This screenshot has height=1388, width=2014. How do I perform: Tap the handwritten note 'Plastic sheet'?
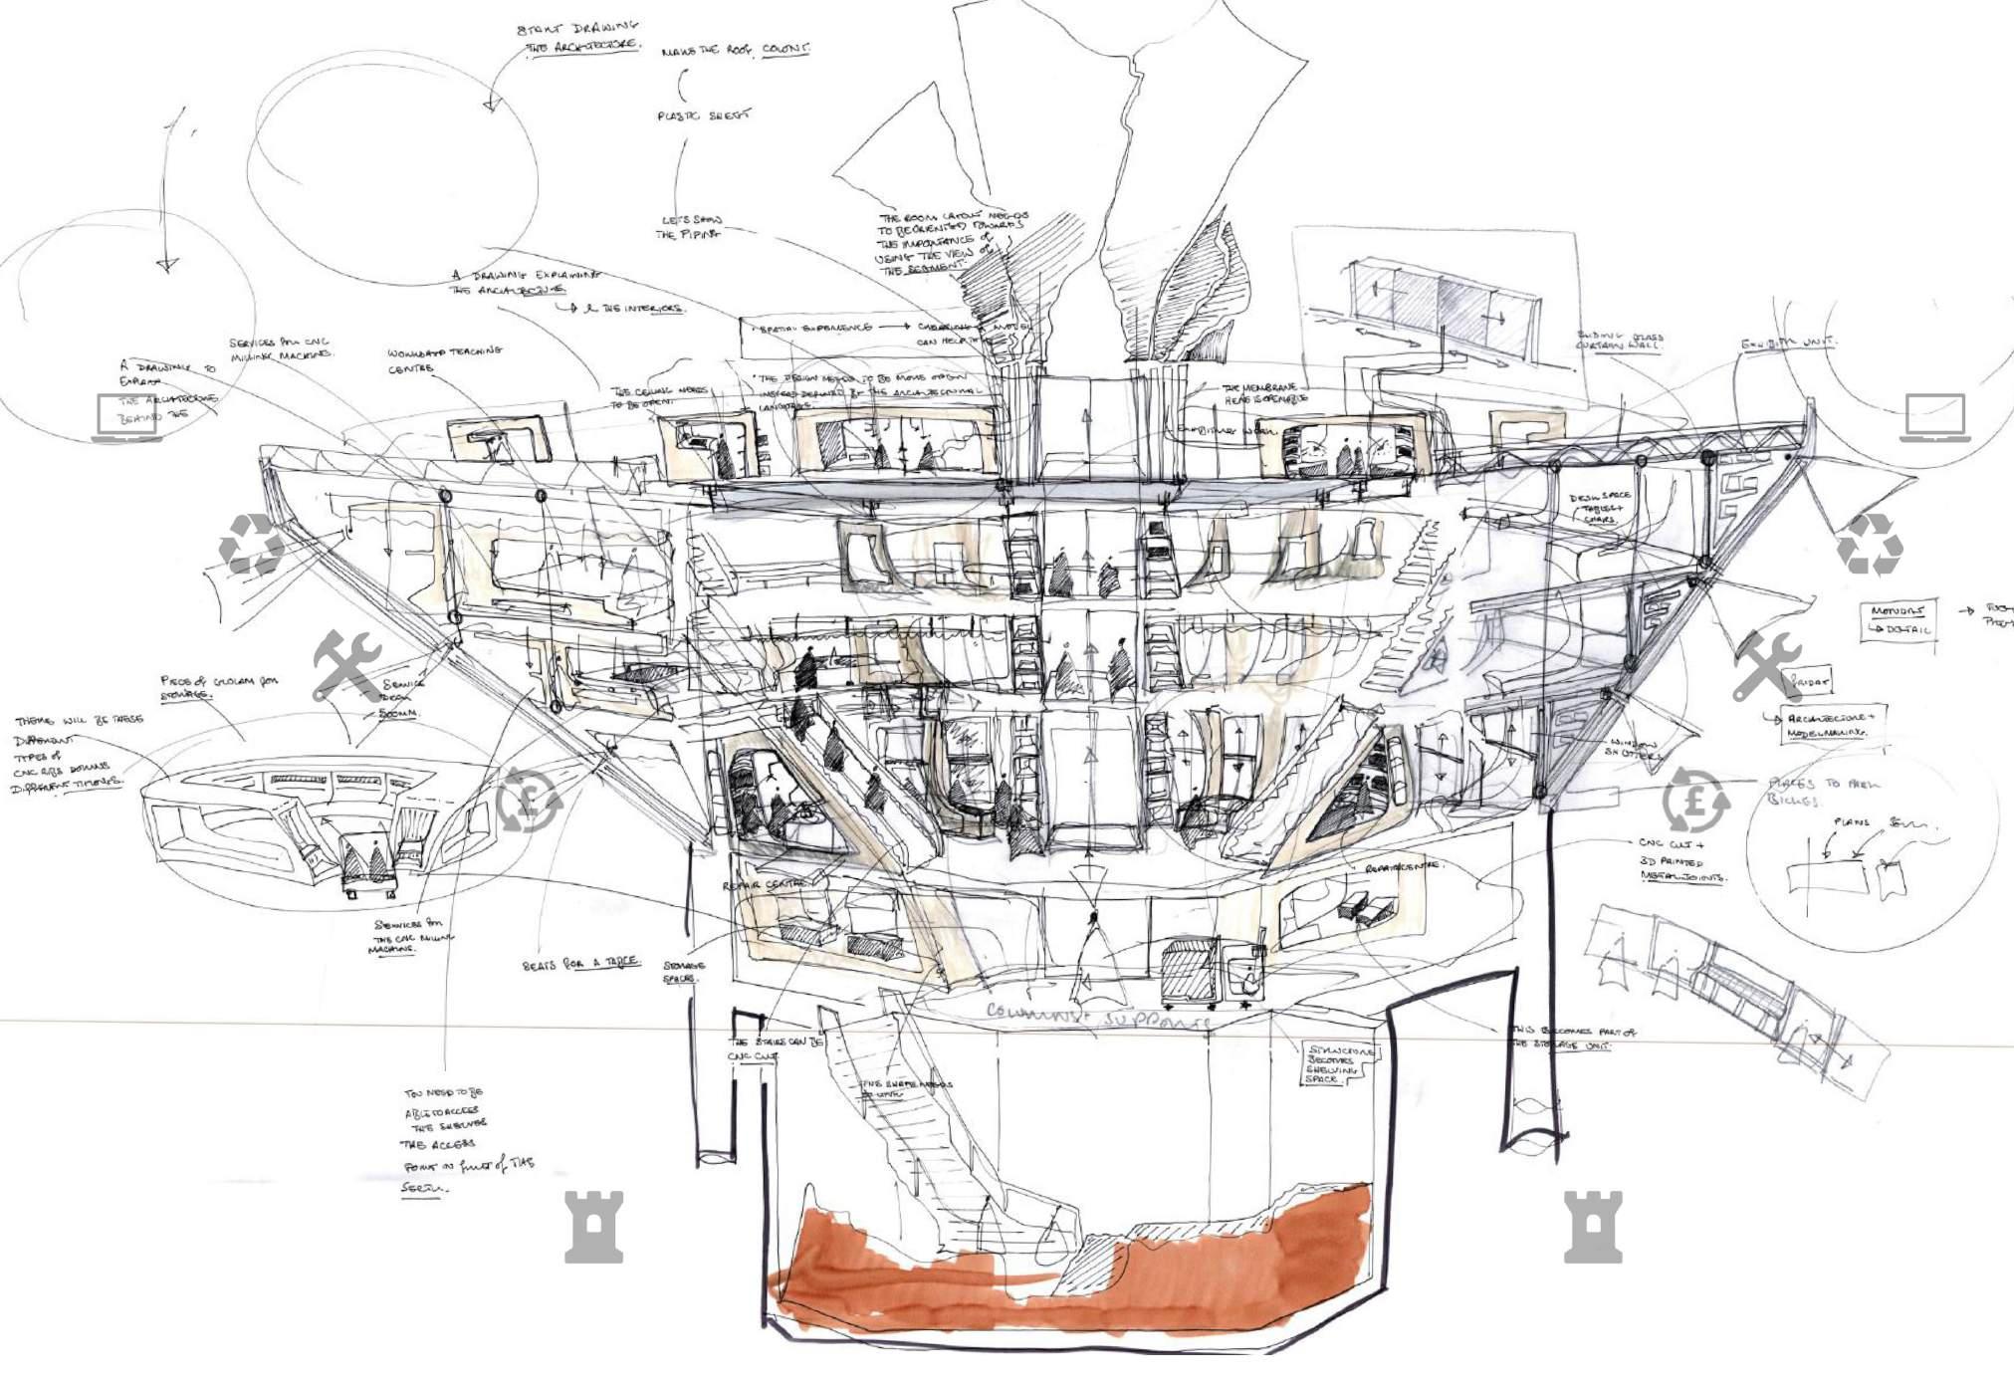pos(704,116)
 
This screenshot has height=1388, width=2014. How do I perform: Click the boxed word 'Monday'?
pos(1897,610)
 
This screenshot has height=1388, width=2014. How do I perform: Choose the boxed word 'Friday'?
pos(1811,683)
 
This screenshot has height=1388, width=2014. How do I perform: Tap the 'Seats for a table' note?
pos(580,964)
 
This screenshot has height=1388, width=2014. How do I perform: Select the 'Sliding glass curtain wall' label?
pos(1619,342)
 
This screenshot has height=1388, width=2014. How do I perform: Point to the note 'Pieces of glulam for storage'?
pos(219,687)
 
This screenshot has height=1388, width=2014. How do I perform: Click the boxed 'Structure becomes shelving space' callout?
pos(1340,1064)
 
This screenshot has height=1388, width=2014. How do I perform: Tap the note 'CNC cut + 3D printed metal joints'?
pos(1681,859)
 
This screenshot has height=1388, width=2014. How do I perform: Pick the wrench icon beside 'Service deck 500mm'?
pos(346,665)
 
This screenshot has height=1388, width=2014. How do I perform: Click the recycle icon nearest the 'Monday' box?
pos(1869,545)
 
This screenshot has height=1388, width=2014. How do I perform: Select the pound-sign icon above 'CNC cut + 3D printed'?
pos(1695,800)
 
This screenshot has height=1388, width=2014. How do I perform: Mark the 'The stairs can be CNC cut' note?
pos(775,1048)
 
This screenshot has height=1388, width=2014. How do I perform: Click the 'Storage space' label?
pos(683,972)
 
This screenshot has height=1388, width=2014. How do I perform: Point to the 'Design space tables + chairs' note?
pos(1599,508)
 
